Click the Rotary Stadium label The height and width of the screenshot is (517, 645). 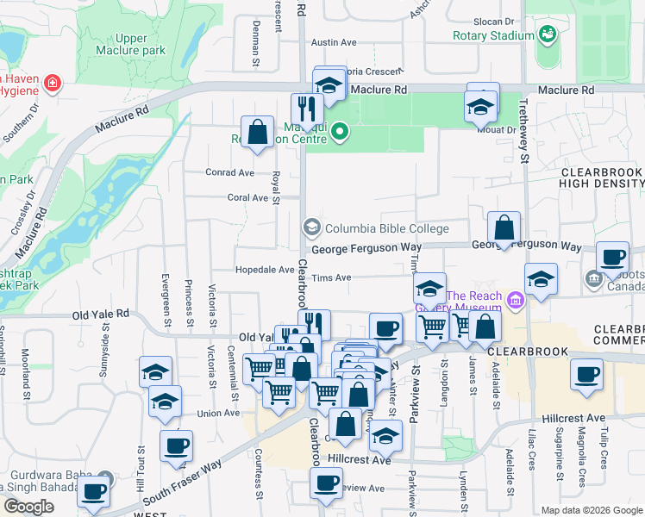coord(493,35)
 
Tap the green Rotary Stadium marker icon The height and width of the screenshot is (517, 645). coord(547,34)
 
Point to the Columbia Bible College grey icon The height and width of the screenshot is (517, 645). coord(311,227)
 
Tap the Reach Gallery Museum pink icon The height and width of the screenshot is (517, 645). coord(516,300)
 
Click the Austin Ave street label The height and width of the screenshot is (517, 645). coord(334,41)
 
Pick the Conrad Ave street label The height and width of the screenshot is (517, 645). coord(229,172)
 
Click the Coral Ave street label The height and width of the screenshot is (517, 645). coord(247,197)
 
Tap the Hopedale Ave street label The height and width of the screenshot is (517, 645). coord(265,270)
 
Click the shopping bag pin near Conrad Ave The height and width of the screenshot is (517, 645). coord(257,133)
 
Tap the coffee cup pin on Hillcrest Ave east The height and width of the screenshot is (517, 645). coord(587,374)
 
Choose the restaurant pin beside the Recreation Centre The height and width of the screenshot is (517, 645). coord(306,109)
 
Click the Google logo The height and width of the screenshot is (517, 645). coord(28,507)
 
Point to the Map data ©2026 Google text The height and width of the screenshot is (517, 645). coord(591,510)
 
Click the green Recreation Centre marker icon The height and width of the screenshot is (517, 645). coord(340,132)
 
